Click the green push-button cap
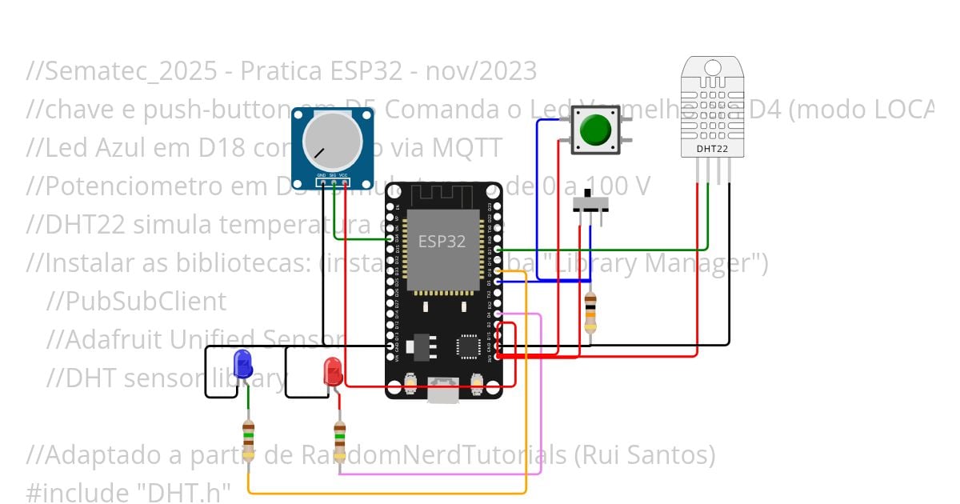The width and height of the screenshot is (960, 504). tap(595, 130)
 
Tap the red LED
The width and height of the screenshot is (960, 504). tap(333, 373)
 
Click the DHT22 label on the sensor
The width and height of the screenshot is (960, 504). tap(711, 148)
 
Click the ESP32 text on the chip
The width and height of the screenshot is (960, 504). tap(442, 241)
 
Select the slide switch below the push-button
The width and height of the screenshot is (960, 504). tap(591, 204)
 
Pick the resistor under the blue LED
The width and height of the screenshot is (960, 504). tap(248, 438)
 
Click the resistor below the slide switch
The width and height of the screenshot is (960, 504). tap(590, 313)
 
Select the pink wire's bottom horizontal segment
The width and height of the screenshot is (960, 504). tap(440, 474)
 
